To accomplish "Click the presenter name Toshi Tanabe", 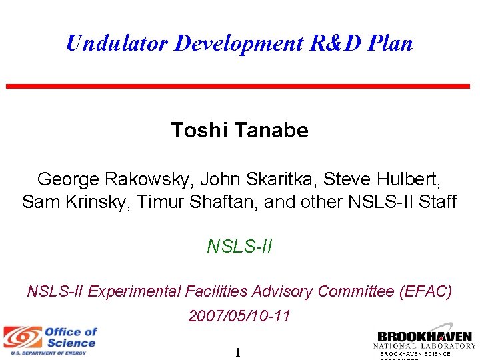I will [239, 130].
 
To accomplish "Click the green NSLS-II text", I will [239, 247].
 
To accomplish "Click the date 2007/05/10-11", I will [239, 315].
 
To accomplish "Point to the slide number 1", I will [238, 352].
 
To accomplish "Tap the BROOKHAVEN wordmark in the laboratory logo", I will [425, 336].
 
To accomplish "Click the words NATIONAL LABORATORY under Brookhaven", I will [425, 346].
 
